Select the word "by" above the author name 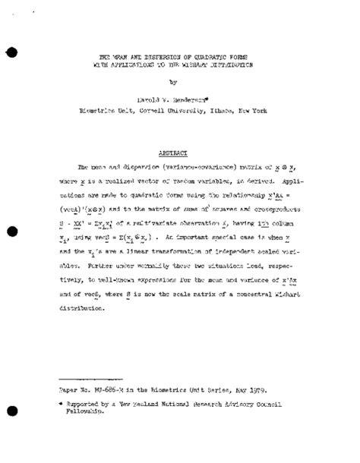pyautogui.click(x=173, y=83)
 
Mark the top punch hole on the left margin pyautogui.click(x=11, y=51)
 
